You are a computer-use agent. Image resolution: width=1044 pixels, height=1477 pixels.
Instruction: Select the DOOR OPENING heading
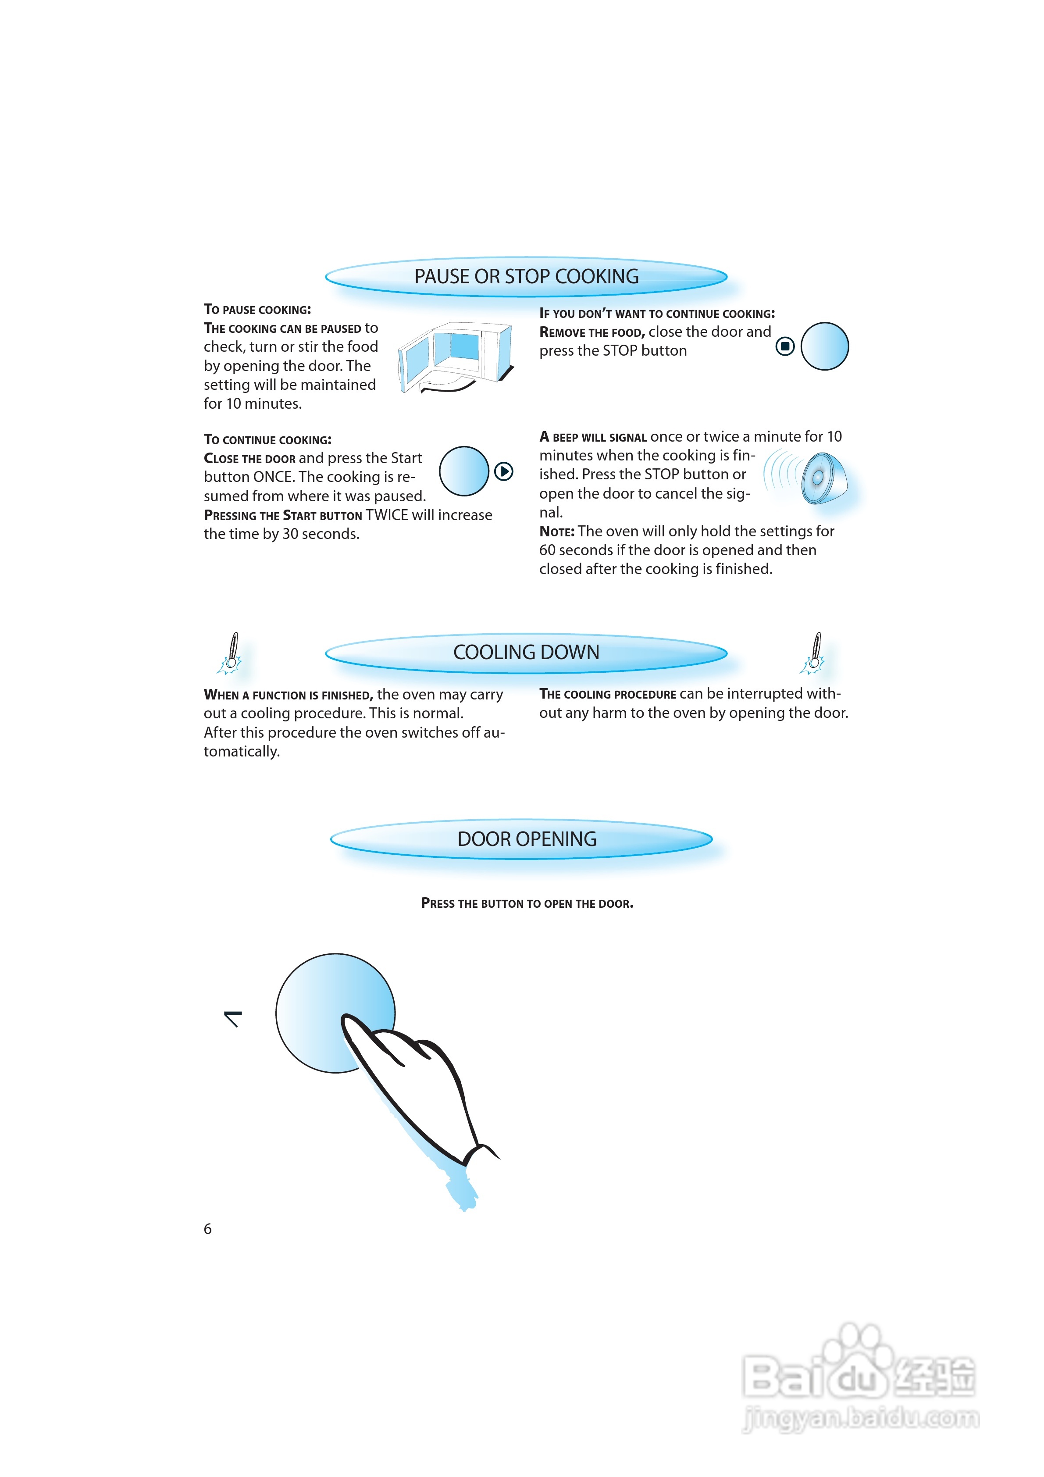click(x=527, y=839)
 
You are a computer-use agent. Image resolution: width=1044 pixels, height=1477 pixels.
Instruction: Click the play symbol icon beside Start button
click(x=504, y=471)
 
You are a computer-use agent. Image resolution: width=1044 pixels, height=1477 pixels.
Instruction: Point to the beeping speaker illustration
click(x=817, y=477)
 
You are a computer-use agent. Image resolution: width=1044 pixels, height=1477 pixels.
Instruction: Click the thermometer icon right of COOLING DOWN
click(x=814, y=653)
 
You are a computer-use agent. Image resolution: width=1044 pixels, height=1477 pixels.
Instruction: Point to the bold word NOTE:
click(x=556, y=532)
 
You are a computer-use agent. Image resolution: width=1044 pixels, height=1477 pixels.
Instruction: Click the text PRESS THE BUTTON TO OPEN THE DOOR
click(x=527, y=903)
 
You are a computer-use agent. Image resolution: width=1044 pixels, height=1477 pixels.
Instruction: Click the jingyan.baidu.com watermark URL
click(x=861, y=1417)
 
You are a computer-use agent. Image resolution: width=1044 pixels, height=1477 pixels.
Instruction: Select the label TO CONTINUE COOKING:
click(x=267, y=440)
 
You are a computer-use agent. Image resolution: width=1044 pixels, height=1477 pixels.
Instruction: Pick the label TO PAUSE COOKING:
click(x=257, y=310)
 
